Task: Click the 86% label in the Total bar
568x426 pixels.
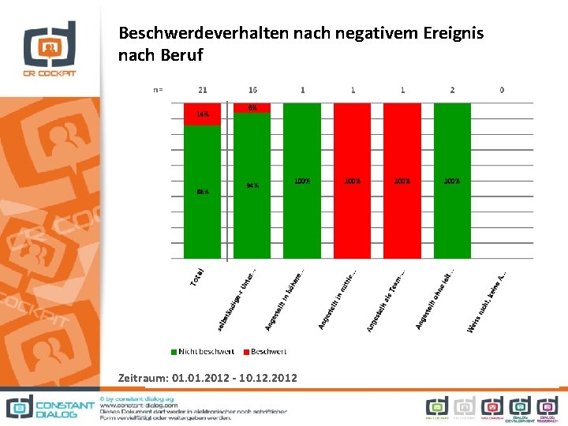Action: (203, 192)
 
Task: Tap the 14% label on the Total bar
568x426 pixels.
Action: (203, 114)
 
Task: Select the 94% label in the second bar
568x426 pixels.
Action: (252, 186)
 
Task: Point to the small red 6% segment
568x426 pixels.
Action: (252, 107)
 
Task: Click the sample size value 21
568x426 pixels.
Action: (203, 90)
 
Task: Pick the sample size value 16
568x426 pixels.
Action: (252, 90)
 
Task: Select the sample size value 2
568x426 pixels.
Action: (452, 90)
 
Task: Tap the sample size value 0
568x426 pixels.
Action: (502, 90)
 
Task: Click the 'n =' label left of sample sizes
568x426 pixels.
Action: (158, 90)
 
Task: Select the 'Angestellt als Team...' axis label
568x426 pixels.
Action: (387, 300)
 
